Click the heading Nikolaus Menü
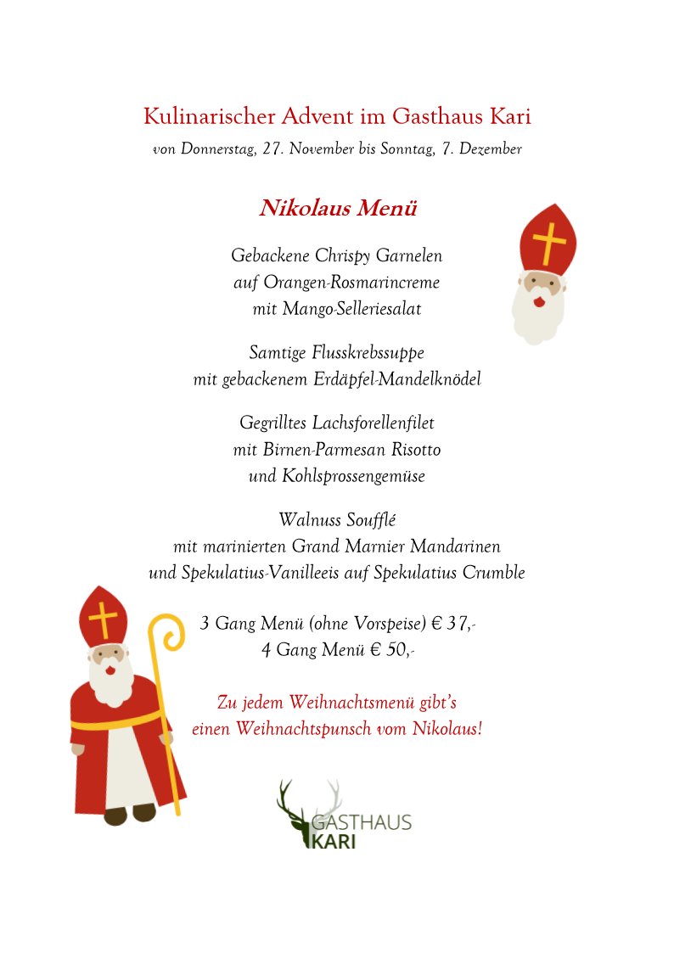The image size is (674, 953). (x=337, y=209)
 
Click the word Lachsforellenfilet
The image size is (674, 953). (x=374, y=423)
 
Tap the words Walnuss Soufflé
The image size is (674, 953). (x=337, y=519)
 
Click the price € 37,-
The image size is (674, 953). (x=453, y=625)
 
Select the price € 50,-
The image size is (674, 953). (x=393, y=651)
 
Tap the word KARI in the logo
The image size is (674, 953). (x=334, y=841)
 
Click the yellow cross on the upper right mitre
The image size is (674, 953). (x=550, y=243)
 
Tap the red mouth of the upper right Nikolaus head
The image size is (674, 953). (x=537, y=301)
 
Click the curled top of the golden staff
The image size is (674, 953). (x=167, y=632)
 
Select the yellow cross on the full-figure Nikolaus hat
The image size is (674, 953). (x=103, y=619)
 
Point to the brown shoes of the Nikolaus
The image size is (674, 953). (x=130, y=814)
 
